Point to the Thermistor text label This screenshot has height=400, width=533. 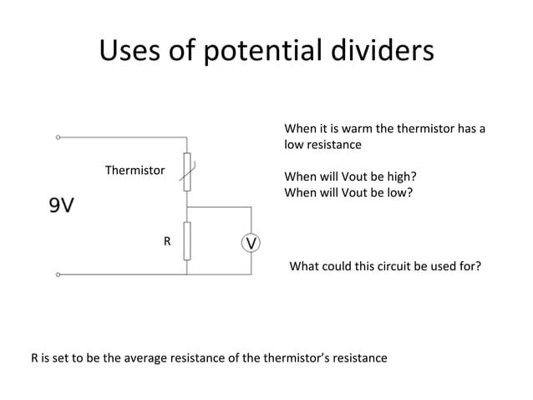click(135, 171)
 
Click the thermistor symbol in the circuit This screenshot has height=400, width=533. click(187, 171)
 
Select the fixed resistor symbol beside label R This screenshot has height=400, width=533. click(187, 241)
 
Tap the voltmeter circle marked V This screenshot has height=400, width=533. click(251, 243)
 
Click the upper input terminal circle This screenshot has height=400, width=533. click(58, 136)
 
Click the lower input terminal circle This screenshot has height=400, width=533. click(58, 274)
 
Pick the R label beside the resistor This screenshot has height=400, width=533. click(166, 242)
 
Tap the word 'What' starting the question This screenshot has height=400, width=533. click(303, 267)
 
